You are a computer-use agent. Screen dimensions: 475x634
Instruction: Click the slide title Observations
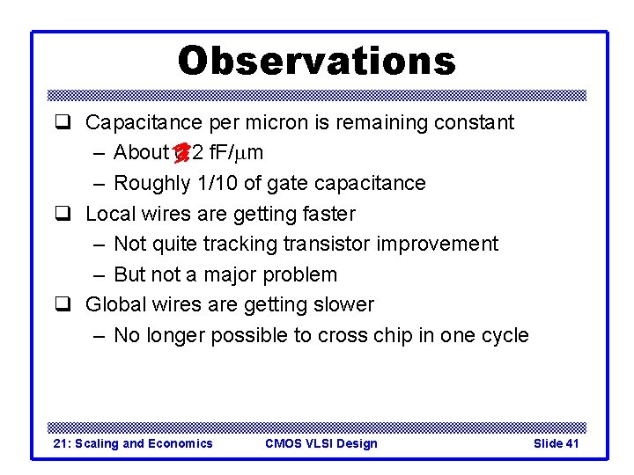[x=317, y=61]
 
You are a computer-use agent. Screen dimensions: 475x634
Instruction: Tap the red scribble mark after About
[x=181, y=153]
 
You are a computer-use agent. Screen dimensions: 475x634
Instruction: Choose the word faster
[x=326, y=214]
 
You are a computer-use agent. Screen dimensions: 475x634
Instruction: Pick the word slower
[x=342, y=304]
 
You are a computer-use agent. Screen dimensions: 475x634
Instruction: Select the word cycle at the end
[x=505, y=335]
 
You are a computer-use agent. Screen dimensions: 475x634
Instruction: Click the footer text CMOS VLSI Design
[x=321, y=443]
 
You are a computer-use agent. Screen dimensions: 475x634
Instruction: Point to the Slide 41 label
[x=556, y=443]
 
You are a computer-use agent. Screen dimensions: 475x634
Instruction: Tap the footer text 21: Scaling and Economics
[x=133, y=443]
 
